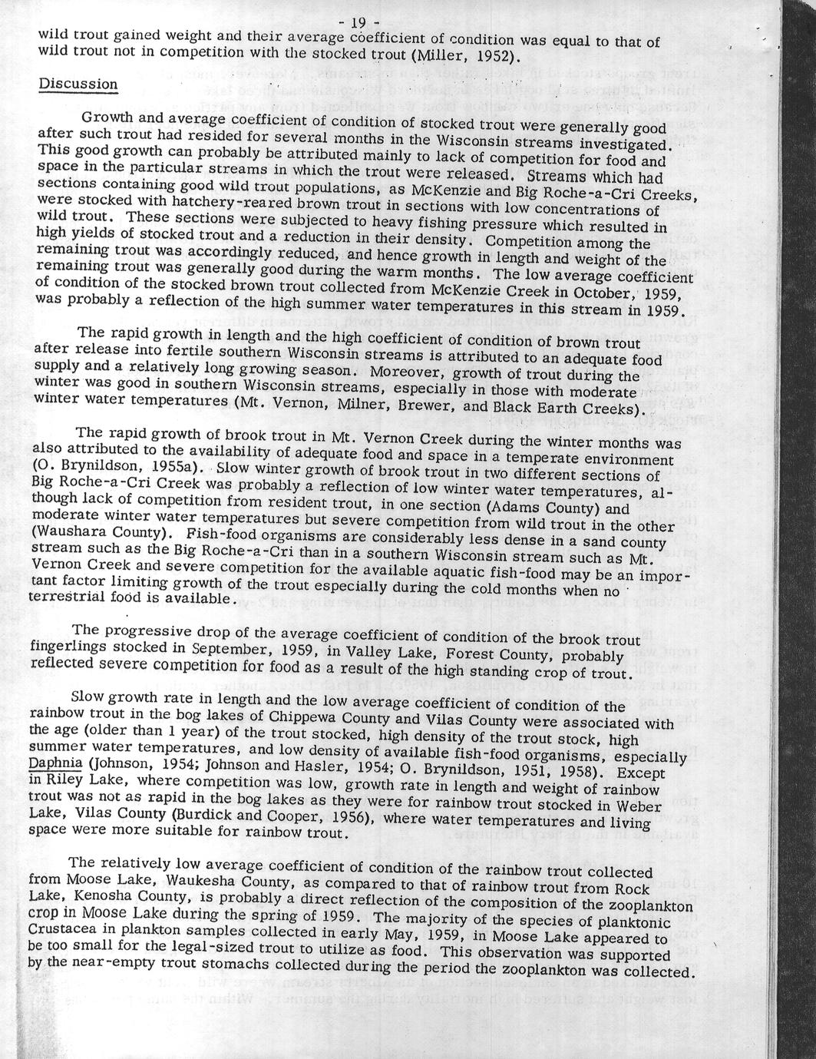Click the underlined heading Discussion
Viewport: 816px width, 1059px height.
(x=78, y=84)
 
